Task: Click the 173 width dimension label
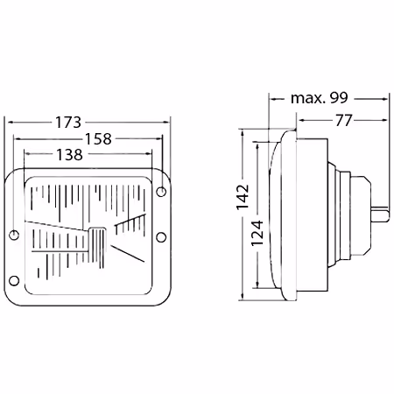pyautogui.click(x=68, y=123)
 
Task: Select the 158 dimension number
pyautogui.click(x=98, y=139)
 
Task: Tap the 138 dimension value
pyautogui.click(x=69, y=155)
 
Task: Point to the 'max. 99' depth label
pyautogui.click(x=320, y=98)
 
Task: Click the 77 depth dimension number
pyautogui.click(x=344, y=120)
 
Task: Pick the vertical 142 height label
pyautogui.click(x=243, y=197)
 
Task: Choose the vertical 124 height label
pyautogui.click(x=257, y=233)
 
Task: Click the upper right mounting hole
pyautogui.click(x=161, y=192)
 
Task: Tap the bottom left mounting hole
pyautogui.click(x=14, y=280)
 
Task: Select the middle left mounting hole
pyautogui.click(x=14, y=235)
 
